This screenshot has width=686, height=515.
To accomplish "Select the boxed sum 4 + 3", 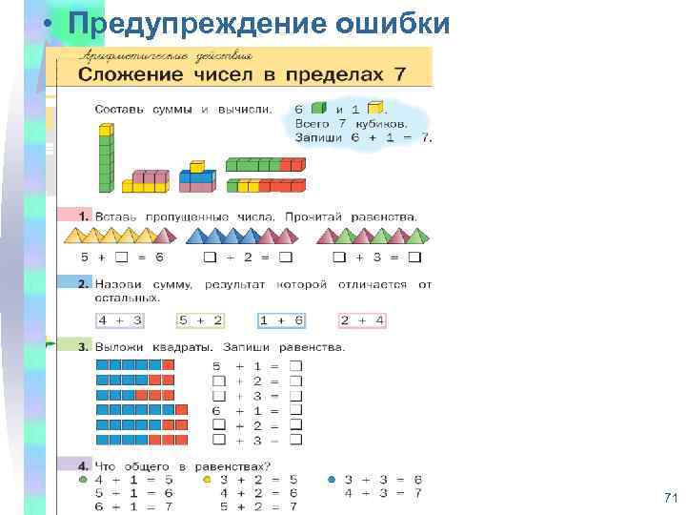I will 121,320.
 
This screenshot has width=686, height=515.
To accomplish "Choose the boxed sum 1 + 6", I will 281,320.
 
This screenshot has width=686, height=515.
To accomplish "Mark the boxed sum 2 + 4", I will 362,320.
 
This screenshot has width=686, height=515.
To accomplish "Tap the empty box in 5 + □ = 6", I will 121,257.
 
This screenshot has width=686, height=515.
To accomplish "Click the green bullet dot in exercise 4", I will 84,479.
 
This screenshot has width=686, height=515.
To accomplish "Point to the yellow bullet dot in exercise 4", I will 207,479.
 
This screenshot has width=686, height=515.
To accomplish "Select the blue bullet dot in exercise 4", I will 331,479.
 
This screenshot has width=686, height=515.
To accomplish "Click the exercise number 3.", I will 84,347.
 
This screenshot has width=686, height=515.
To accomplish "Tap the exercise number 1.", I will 84,216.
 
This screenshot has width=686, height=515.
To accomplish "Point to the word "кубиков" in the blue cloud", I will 383,123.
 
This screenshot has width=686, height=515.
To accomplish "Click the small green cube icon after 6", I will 318,109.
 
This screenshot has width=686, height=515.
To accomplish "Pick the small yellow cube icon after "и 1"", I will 374,109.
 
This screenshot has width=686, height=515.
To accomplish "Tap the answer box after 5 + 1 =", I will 295,366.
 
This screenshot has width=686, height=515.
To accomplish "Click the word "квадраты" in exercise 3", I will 173,347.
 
